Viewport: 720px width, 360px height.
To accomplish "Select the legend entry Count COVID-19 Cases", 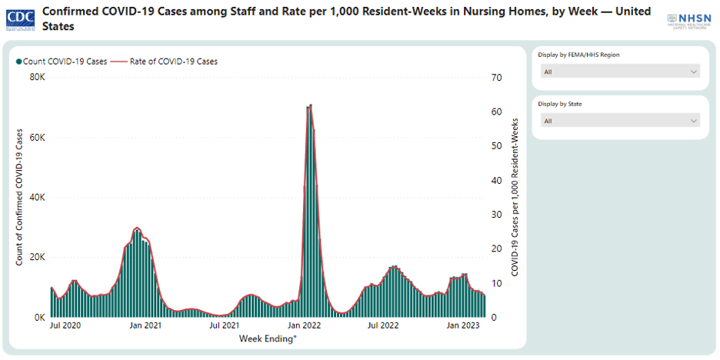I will [x=61, y=62].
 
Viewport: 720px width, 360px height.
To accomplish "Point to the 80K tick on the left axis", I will [x=38, y=78].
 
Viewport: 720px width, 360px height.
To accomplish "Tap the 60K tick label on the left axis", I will [x=38, y=138].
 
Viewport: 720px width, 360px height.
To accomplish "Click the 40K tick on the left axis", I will [x=38, y=198].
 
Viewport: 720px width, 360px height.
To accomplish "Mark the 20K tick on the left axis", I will [x=38, y=257].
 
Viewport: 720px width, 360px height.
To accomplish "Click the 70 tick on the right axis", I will [x=496, y=78].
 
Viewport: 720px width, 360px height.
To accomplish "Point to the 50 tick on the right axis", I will [x=496, y=146].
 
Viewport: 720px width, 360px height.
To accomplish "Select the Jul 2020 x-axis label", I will [x=65, y=326].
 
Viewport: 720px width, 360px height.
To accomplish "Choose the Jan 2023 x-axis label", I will [x=464, y=326].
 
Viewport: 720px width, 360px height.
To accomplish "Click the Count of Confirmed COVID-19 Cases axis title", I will [x=19, y=197].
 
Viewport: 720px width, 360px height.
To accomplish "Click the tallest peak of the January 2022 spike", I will [x=310, y=105].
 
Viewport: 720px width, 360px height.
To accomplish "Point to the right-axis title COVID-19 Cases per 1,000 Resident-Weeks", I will [x=515, y=197].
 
